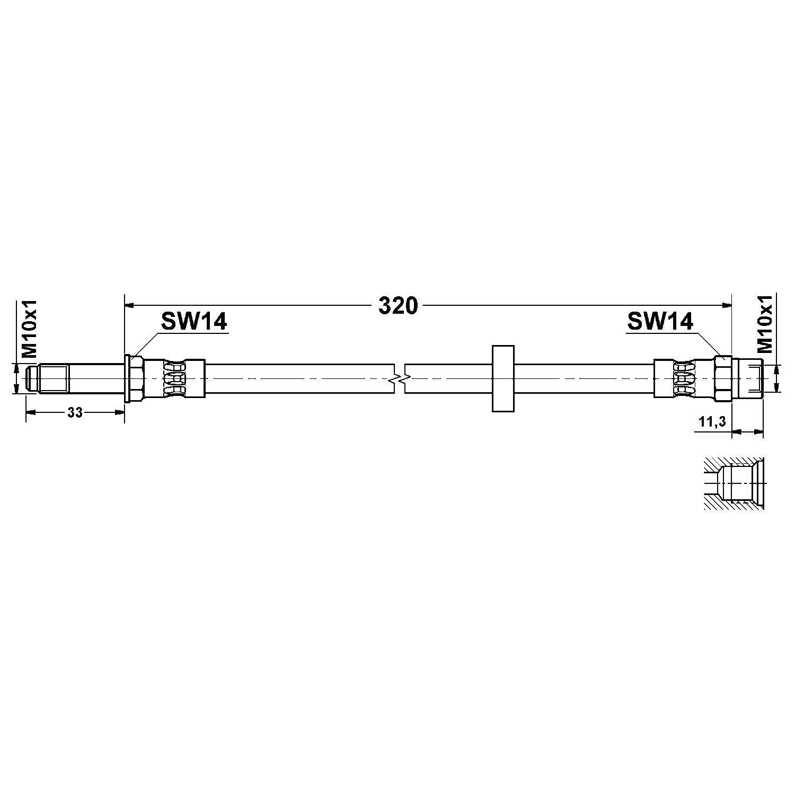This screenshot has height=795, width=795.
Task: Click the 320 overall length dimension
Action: point(398,306)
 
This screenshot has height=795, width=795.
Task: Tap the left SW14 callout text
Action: point(194,321)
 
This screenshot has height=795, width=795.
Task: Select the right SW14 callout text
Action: point(660,321)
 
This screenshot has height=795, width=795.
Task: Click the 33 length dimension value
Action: point(75,413)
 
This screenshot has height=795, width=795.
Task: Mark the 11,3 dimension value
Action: point(712,422)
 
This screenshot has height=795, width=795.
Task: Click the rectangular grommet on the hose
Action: point(503,378)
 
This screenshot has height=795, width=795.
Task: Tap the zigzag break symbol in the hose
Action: point(400,379)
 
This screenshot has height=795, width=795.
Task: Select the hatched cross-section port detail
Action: point(734,483)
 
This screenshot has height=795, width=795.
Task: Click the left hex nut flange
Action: point(134,378)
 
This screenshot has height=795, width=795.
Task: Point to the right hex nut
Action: point(722,378)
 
